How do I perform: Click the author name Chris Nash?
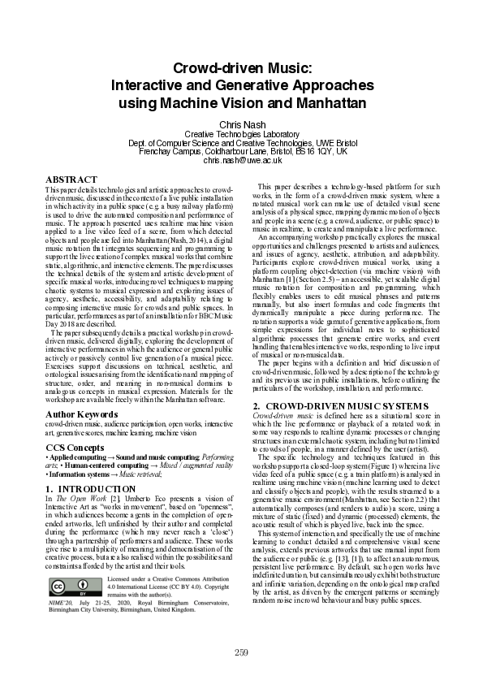coord(242,123)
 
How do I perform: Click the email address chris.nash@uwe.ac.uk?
coord(242,161)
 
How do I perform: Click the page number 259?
coord(241,652)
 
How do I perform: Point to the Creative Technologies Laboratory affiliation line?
coord(242,134)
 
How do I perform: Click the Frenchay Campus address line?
coord(242,152)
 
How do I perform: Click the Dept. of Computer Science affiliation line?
coord(242,143)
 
